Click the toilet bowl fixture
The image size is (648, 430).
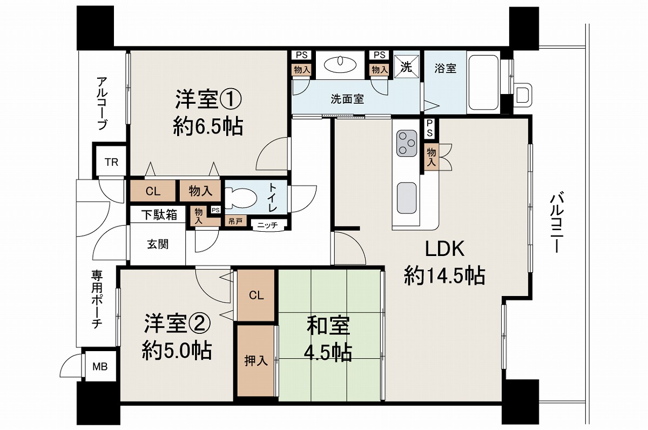tap(241, 198)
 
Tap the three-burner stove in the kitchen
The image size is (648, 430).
tap(407, 143)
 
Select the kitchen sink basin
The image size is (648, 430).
tap(407, 198)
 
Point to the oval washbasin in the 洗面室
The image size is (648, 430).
tap(340, 64)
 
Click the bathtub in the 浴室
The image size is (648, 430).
tap(483, 83)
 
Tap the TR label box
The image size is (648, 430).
tap(111, 162)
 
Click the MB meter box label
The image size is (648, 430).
tap(100, 367)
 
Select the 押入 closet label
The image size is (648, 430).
tap(256, 361)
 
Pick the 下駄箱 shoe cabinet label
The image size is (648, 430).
tap(159, 215)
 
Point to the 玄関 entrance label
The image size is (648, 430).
tap(158, 244)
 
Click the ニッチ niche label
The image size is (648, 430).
tap(268, 225)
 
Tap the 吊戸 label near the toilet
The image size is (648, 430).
tap(235, 221)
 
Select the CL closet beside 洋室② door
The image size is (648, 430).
tap(256, 295)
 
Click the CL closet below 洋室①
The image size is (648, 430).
tap(153, 191)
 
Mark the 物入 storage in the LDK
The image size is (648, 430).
tap(431, 157)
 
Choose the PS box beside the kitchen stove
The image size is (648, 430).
tap(430, 129)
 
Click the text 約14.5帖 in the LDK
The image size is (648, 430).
tap(444, 276)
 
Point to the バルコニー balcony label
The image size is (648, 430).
tap(556, 222)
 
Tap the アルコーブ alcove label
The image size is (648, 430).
tap(102, 103)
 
